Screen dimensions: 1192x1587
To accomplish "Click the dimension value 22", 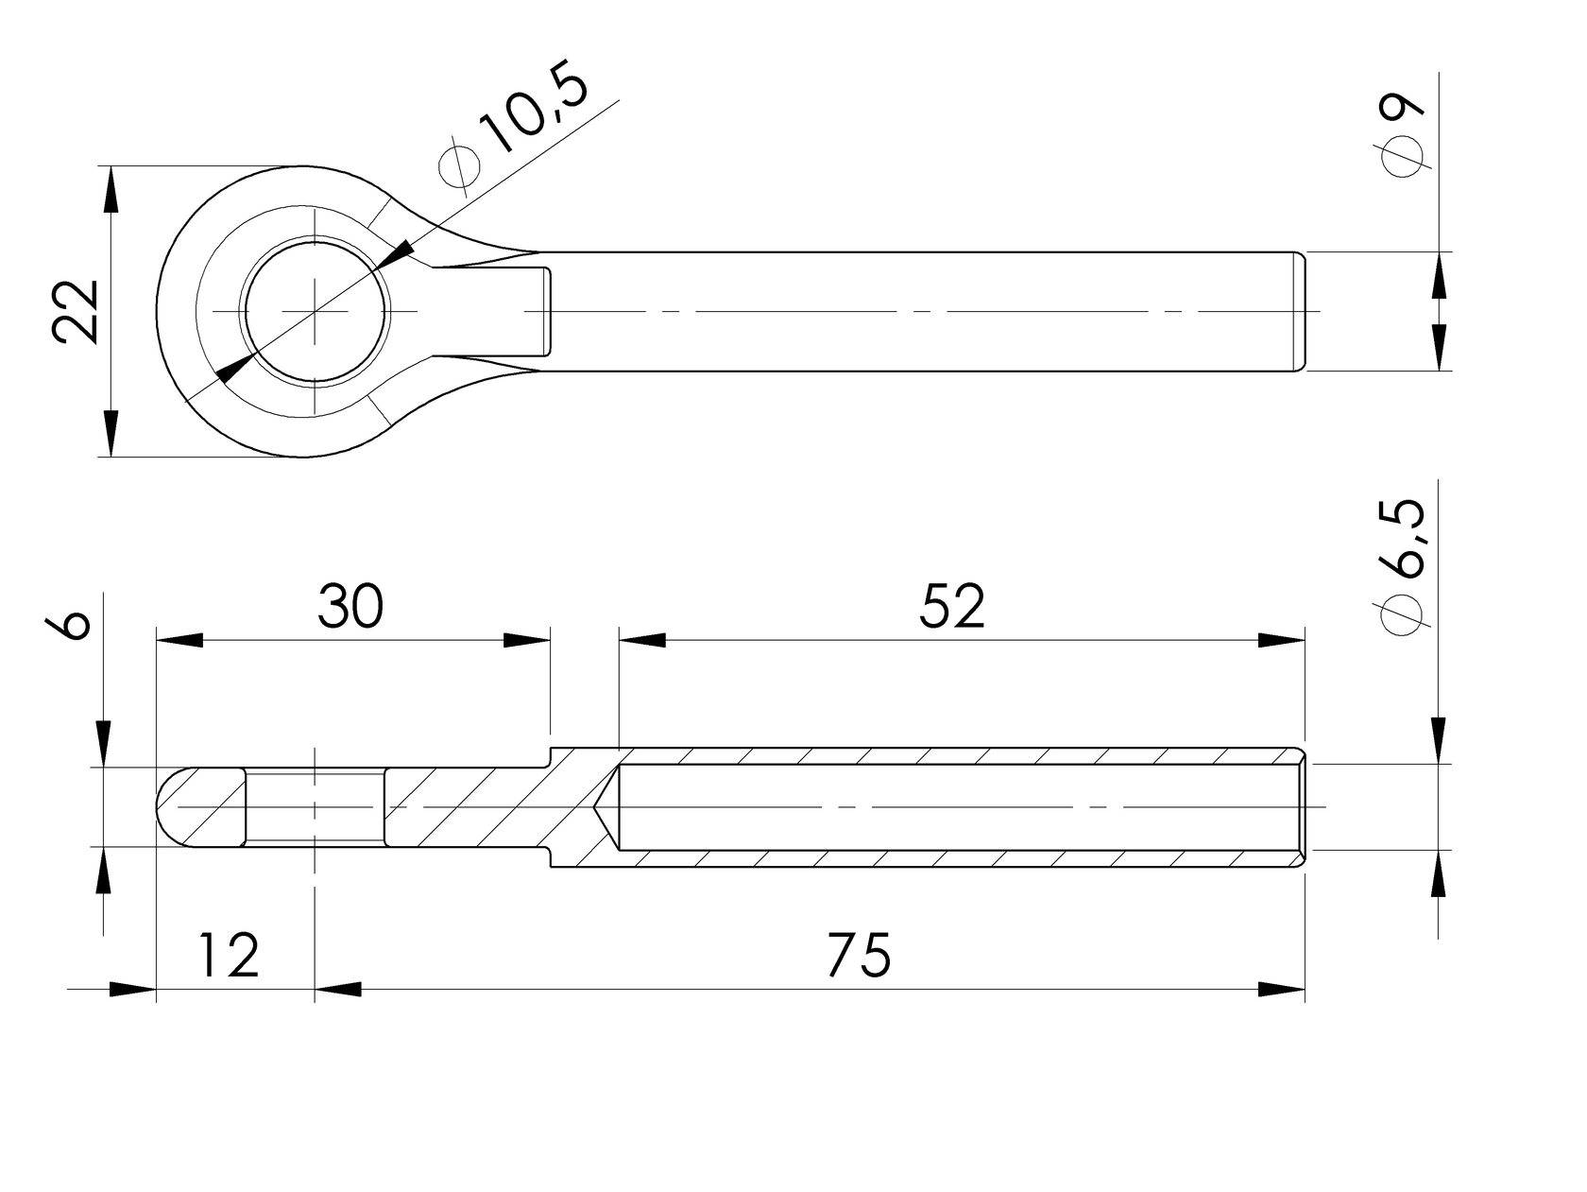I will tap(77, 312).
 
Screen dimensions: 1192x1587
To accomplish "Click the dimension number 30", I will tap(350, 607).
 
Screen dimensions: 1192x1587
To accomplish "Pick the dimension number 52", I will tap(951, 607).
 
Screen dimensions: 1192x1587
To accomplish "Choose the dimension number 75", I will tap(858, 956).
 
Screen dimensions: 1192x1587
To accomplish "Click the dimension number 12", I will tap(229, 956).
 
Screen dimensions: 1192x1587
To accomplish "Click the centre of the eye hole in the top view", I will tap(315, 312).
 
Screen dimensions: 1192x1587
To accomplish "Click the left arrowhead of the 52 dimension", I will tap(642, 641).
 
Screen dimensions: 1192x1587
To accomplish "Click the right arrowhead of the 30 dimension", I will tap(526, 641).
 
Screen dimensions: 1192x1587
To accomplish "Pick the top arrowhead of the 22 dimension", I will tap(111, 189).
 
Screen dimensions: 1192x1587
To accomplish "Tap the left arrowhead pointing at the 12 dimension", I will tap(132, 990).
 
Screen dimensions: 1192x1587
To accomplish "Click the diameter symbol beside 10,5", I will tap(460, 164).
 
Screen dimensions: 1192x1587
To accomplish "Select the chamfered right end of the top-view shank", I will tap(1300, 312).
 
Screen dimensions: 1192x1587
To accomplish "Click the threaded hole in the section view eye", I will tap(315, 806).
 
